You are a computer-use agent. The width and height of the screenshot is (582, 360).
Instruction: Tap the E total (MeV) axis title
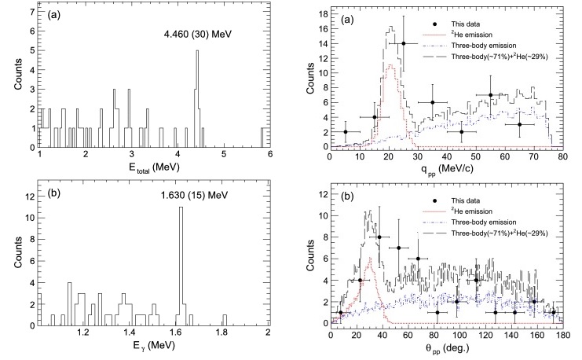pos(154,167)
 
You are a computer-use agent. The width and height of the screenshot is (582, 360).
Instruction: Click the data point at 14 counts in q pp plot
pos(404,44)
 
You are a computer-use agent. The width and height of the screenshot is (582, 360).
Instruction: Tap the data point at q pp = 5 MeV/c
pos(346,132)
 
